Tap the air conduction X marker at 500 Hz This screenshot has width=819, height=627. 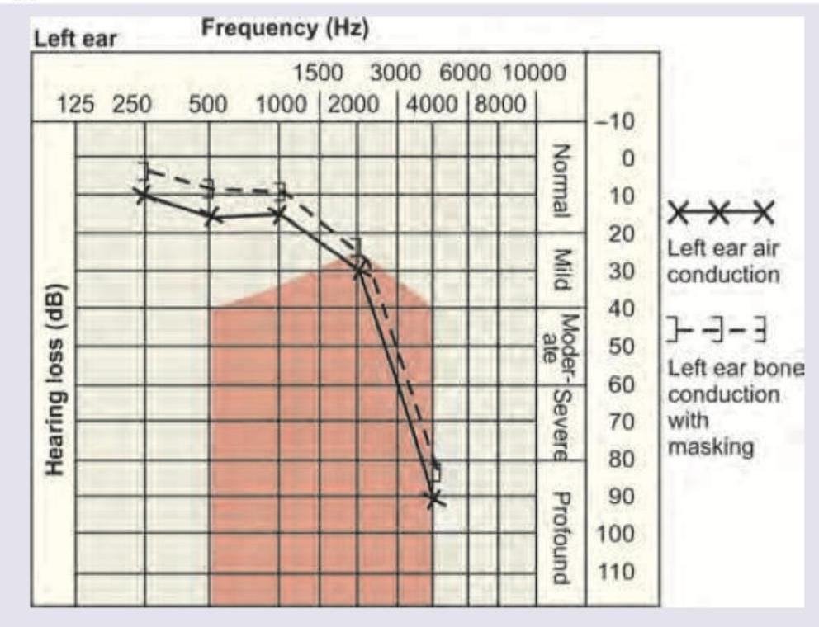212,216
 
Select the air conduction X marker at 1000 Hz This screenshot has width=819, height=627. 279,214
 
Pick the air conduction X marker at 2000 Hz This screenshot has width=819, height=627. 360,269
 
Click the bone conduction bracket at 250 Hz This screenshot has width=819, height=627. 145,171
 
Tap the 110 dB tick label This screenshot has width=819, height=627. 615,572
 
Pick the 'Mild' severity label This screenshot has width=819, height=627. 563,271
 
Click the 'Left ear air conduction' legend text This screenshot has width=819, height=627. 722,261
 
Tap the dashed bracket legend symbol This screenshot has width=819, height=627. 717,332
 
